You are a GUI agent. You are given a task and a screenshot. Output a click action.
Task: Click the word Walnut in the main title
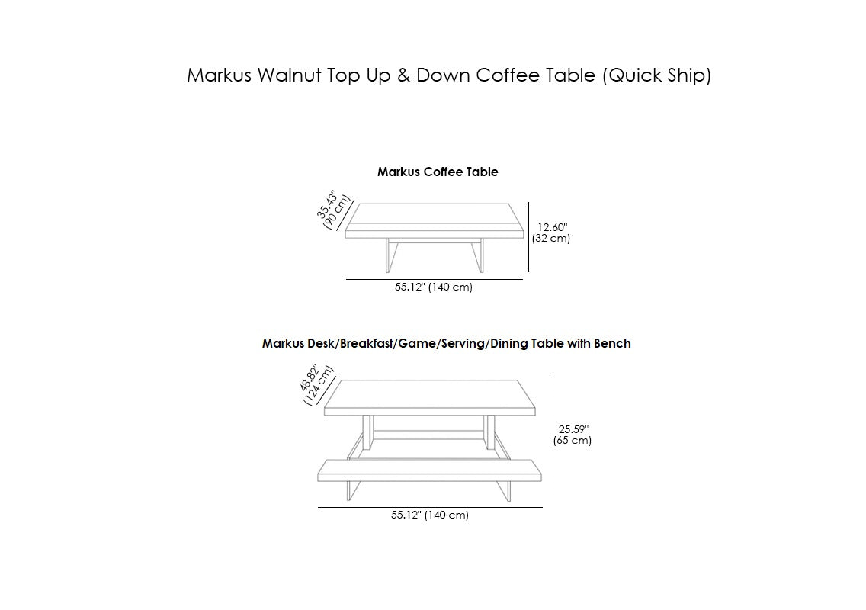click(x=289, y=75)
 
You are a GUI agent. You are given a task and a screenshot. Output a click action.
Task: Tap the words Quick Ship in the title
click(x=656, y=75)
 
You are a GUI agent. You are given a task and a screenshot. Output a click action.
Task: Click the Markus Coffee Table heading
click(x=438, y=172)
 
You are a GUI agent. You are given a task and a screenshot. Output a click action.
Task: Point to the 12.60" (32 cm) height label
click(x=551, y=233)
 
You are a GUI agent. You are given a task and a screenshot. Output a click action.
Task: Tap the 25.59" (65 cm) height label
click(x=573, y=435)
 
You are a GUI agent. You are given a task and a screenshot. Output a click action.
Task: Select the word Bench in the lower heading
click(x=612, y=344)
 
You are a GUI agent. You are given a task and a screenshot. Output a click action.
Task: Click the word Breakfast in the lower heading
click(x=367, y=344)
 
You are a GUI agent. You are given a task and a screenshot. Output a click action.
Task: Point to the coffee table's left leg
click(x=391, y=255)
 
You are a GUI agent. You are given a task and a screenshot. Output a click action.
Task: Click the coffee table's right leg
click(x=478, y=255)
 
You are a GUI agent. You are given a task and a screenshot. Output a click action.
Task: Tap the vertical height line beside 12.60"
click(x=528, y=237)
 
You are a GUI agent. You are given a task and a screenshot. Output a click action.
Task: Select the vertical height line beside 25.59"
click(x=550, y=438)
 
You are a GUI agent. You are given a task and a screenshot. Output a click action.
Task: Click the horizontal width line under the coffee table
click(x=434, y=280)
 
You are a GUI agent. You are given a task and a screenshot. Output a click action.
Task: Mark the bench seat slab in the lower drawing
click(x=430, y=470)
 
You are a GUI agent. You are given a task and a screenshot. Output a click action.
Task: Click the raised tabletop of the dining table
click(x=430, y=398)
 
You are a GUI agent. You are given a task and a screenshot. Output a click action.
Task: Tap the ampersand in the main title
click(x=404, y=75)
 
